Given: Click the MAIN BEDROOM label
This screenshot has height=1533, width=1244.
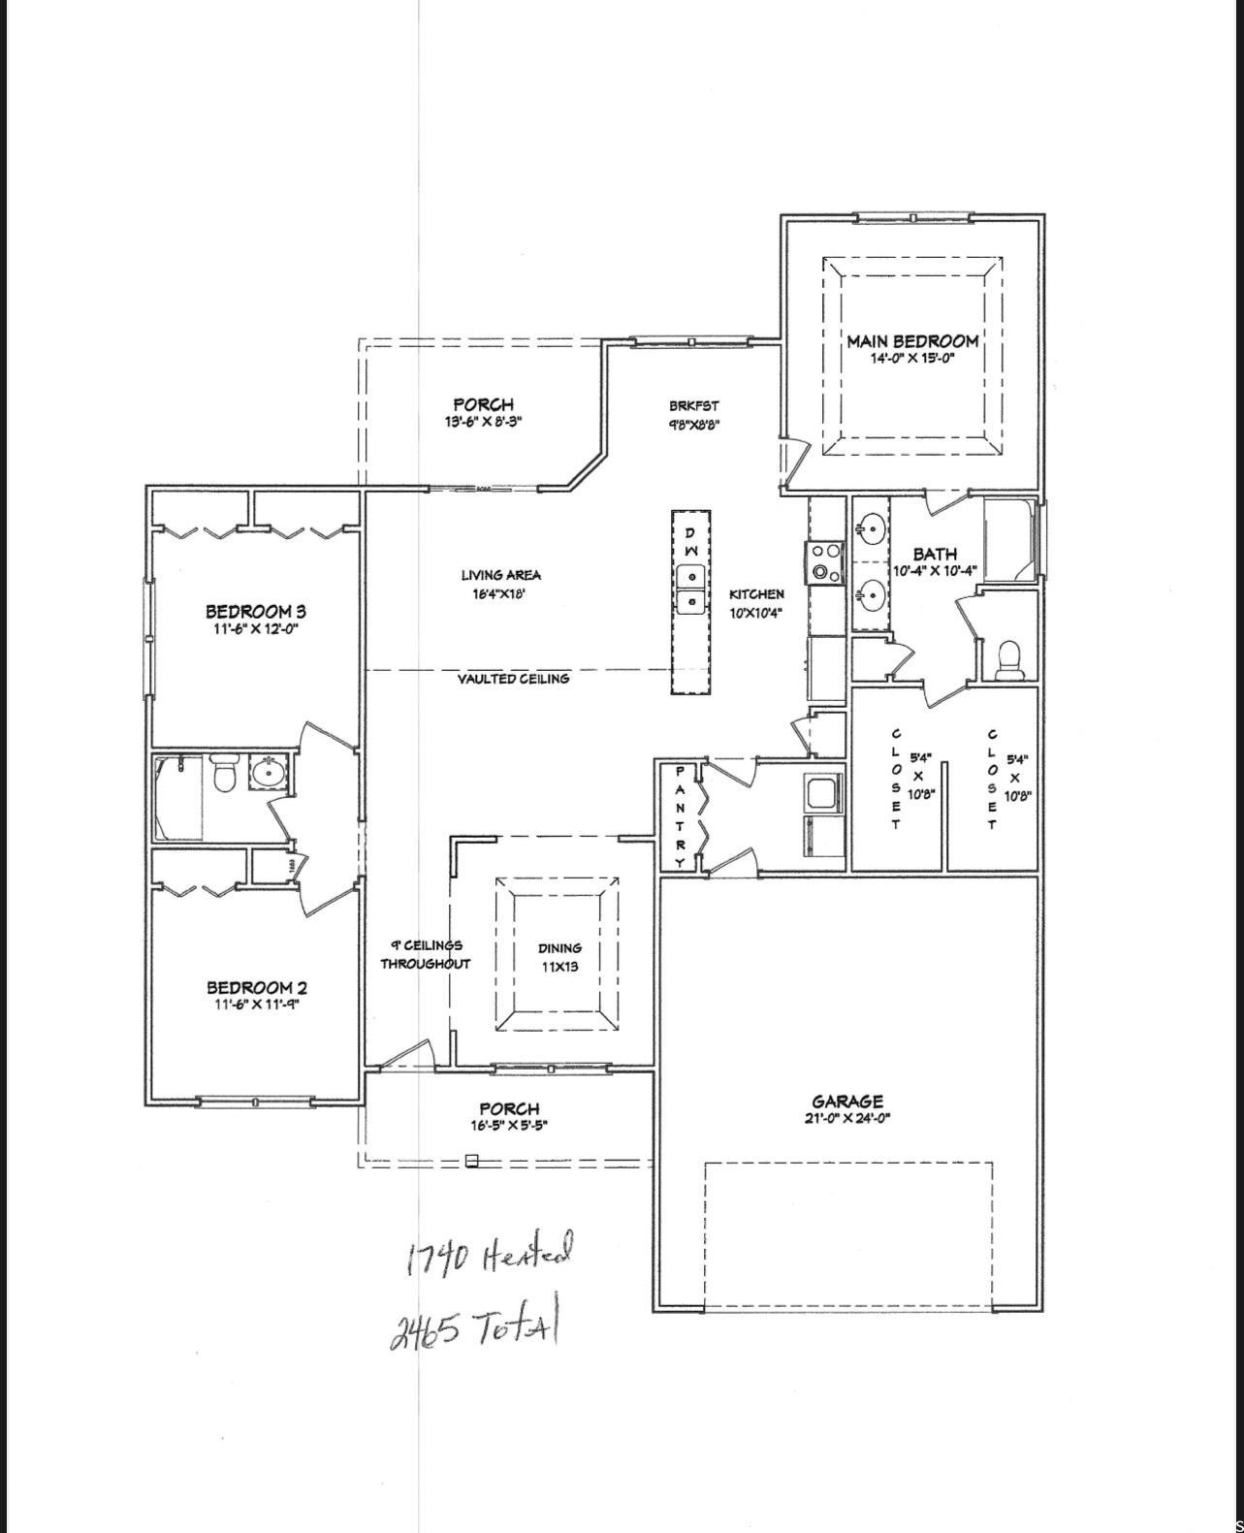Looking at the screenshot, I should click(x=912, y=341).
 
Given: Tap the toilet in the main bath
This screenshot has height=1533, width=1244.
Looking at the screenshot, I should click(x=1008, y=658).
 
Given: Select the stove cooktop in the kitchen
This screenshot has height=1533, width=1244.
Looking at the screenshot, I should click(x=827, y=562).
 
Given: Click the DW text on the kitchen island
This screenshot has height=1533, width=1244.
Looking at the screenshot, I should click(x=690, y=541).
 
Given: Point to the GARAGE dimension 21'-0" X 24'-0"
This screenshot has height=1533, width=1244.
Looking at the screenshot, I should click(x=846, y=1118).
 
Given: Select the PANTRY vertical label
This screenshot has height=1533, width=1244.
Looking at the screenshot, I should click(x=680, y=816).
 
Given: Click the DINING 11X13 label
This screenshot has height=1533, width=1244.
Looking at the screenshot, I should click(x=559, y=957).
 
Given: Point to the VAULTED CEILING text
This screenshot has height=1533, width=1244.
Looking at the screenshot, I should click(x=513, y=679).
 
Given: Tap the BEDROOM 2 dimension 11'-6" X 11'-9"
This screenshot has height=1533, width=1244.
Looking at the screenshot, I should click(x=256, y=1006).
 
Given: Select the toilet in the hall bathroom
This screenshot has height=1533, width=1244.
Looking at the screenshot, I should click(x=225, y=773).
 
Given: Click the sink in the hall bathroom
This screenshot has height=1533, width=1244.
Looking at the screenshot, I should click(x=266, y=773).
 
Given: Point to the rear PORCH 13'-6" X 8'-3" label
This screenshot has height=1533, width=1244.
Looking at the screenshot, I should click(x=483, y=412).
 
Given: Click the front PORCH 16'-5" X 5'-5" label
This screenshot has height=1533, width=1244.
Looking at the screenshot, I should click(x=509, y=1116).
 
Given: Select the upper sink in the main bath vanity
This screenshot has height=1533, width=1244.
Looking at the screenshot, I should click(x=870, y=529).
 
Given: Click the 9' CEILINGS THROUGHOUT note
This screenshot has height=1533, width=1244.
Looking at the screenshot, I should click(x=425, y=954).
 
